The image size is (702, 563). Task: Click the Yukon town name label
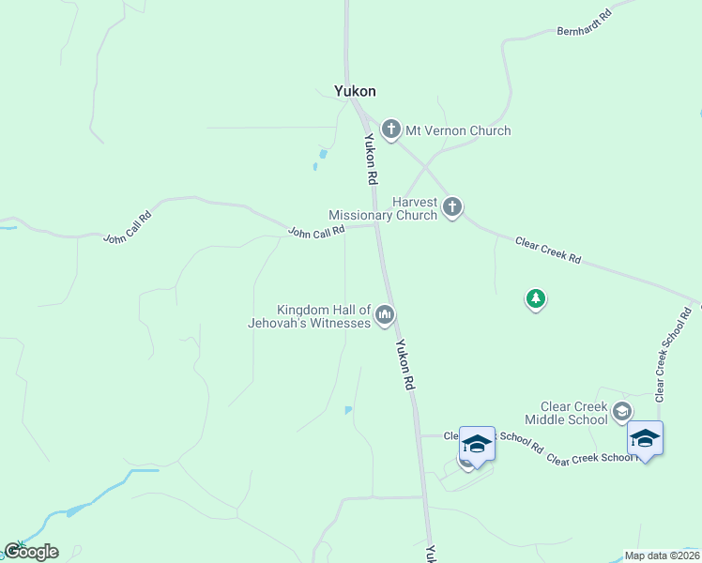click(x=355, y=91)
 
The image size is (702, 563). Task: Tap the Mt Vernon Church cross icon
click(x=390, y=129)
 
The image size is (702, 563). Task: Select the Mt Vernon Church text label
click(x=457, y=130)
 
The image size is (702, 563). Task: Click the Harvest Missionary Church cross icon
click(x=452, y=206)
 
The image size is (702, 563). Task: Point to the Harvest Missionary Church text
click(x=383, y=207)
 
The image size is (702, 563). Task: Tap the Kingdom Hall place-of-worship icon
click(x=384, y=315)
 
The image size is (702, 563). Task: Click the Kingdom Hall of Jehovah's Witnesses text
click(x=323, y=316)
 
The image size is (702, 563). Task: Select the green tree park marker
click(x=535, y=299)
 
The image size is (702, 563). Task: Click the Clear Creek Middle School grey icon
click(x=621, y=411)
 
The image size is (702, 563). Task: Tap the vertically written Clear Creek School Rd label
click(x=674, y=352)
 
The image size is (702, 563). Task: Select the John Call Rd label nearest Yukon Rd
click(x=316, y=230)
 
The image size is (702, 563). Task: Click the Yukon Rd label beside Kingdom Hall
click(x=405, y=364)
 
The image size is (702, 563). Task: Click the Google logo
click(x=31, y=552)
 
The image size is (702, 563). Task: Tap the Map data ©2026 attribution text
click(x=662, y=555)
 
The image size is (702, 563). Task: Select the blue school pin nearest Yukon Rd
click(x=476, y=443)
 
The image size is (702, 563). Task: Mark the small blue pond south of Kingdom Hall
click(x=349, y=410)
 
